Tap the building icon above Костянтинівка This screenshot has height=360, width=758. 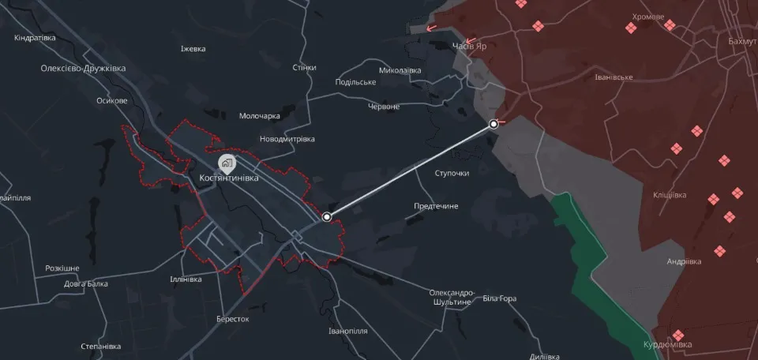point(227,163)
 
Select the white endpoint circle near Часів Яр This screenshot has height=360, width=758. point(493,124)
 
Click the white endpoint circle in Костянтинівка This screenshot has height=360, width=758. point(327,216)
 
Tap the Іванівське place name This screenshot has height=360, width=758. point(614,77)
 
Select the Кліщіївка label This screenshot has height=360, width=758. point(670,195)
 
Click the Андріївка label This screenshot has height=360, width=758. point(686,261)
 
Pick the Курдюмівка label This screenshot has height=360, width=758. point(667,345)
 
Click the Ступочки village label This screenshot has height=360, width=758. point(452,173)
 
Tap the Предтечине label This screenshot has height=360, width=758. point(437,207)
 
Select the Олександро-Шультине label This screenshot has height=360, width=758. point(452,297)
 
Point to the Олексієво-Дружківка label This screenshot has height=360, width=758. point(84,69)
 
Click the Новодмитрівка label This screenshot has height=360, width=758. point(287,139)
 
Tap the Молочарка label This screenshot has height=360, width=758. point(260,116)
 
